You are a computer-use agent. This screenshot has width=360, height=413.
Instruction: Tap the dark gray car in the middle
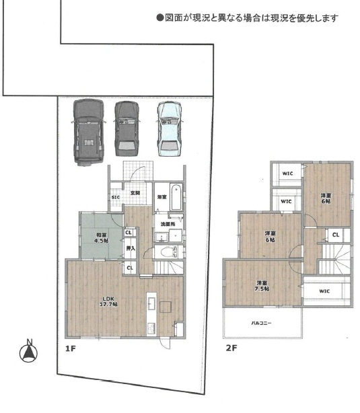(x=127, y=127)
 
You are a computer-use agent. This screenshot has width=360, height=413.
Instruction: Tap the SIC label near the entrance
(x=115, y=198)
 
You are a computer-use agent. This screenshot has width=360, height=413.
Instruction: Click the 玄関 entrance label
(x=135, y=194)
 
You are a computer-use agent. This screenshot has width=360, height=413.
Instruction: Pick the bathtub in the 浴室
(x=175, y=195)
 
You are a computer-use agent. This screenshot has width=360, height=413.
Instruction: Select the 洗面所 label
(x=166, y=223)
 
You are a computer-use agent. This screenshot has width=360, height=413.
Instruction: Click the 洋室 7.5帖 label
(x=262, y=285)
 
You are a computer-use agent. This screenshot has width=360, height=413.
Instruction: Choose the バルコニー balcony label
(x=262, y=324)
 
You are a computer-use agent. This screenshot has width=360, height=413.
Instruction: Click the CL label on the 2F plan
(x=335, y=235)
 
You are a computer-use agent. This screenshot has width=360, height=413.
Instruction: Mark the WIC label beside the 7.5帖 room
(x=324, y=291)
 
